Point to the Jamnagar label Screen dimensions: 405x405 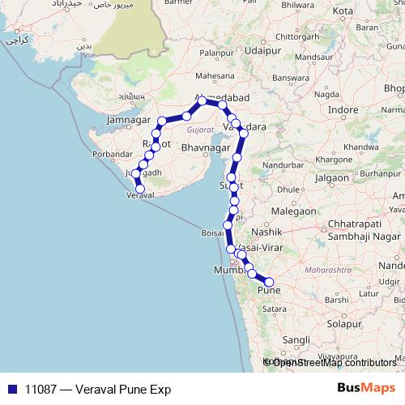[x=130, y=121]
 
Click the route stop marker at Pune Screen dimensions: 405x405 [x=270, y=282]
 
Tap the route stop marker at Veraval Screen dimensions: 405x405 [x=140, y=190]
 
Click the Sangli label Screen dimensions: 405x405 [x=298, y=340]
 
